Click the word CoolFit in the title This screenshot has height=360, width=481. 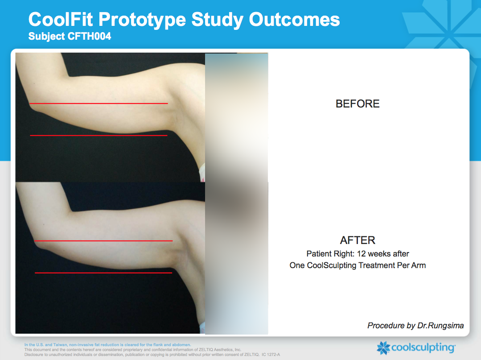[x=61, y=19]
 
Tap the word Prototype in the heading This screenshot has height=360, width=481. [x=142, y=21]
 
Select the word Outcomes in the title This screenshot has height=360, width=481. [x=294, y=19]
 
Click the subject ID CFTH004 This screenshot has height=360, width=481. [x=89, y=36]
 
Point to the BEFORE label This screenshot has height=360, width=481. [x=358, y=104]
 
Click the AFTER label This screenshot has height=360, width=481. [x=358, y=240]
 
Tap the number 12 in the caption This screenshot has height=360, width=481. [x=362, y=254]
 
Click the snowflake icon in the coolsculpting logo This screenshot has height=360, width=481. [x=383, y=348]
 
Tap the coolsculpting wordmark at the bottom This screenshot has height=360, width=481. [x=423, y=348]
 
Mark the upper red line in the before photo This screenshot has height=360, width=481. [x=99, y=103]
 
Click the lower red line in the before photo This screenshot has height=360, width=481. [x=99, y=135]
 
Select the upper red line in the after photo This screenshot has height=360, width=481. [x=104, y=240]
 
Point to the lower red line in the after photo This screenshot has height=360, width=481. [x=103, y=273]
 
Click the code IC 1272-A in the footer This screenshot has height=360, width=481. [x=271, y=355]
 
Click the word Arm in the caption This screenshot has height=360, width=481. [x=419, y=265]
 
